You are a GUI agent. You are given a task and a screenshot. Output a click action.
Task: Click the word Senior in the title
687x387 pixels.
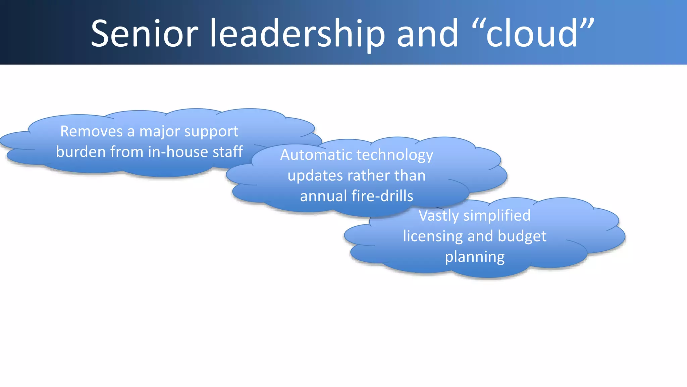(x=145, y=34)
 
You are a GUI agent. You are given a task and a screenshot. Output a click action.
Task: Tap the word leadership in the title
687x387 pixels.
(x=297, y=34)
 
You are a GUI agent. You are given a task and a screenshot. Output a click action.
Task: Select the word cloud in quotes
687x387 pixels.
(x=532, y=34)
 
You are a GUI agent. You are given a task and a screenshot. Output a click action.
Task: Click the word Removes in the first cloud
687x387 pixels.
(x=91, y=131)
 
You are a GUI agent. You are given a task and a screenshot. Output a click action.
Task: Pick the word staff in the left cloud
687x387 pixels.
(x=228, y=152)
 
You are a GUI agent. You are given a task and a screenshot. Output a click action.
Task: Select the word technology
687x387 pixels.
(x=395, y=156)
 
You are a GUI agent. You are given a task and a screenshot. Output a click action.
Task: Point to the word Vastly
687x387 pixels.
(x=438, y=216)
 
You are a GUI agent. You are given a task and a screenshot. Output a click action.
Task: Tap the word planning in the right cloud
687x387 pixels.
(x=475, y=257)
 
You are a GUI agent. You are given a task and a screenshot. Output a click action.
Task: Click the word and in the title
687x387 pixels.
(x=428, y=34)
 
